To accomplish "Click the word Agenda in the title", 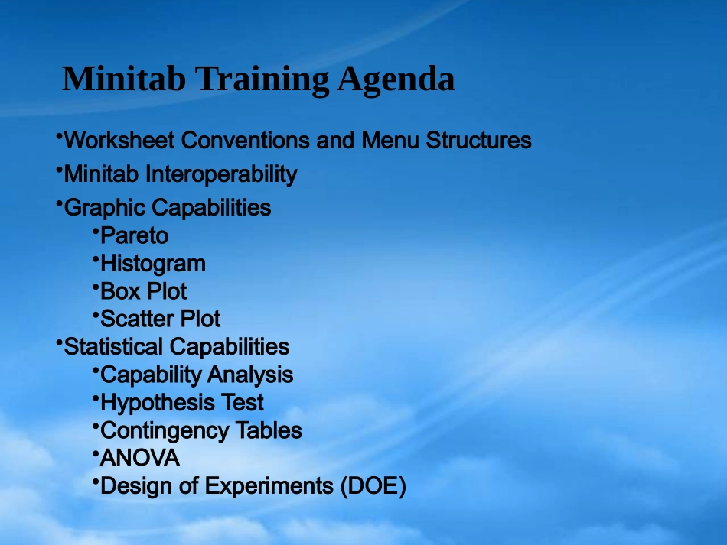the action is (396, 80).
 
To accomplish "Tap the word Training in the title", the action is (262, 80).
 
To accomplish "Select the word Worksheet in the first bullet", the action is (119, 140).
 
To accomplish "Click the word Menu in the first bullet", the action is (390, 140).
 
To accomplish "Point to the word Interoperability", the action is (221, 174).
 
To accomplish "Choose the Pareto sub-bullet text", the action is (134, 235).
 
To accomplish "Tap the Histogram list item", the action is (152, 264).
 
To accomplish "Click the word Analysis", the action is (250, 375).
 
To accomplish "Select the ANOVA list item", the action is (139, 458).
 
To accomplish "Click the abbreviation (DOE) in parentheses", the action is (373, 486).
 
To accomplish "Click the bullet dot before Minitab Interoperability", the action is (59, 170).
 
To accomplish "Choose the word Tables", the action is (269, 430).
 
